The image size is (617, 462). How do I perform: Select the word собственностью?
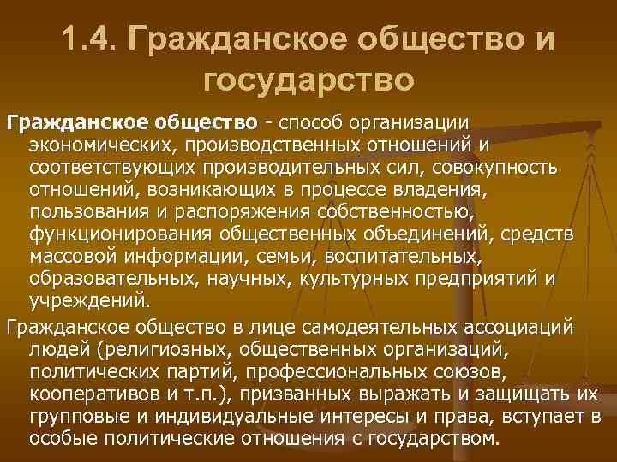pos(391,210)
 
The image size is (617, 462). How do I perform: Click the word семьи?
pos(264,256)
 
